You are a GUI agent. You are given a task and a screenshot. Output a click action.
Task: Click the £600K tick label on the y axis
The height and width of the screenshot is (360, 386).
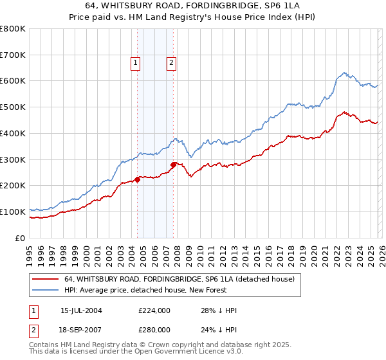click(13, 81)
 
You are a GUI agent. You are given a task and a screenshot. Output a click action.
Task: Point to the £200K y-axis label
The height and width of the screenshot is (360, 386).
click(13, 186)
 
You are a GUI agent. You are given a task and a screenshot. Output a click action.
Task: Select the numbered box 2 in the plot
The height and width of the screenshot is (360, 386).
click(172, 63)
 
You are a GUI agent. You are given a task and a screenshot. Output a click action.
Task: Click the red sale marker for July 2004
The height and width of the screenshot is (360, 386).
click(138, 179)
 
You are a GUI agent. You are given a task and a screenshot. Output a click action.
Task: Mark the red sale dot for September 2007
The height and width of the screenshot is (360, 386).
click(174, 165)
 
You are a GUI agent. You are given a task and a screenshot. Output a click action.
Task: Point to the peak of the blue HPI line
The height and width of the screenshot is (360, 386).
click(345, 73)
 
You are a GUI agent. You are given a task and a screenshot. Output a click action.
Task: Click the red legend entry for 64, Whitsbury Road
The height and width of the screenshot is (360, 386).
click(179, 279)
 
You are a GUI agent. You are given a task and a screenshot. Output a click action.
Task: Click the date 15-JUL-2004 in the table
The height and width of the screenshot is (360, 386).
click(80, 310)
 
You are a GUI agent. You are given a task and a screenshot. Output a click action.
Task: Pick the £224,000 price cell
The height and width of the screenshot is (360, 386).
click(154, 310)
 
